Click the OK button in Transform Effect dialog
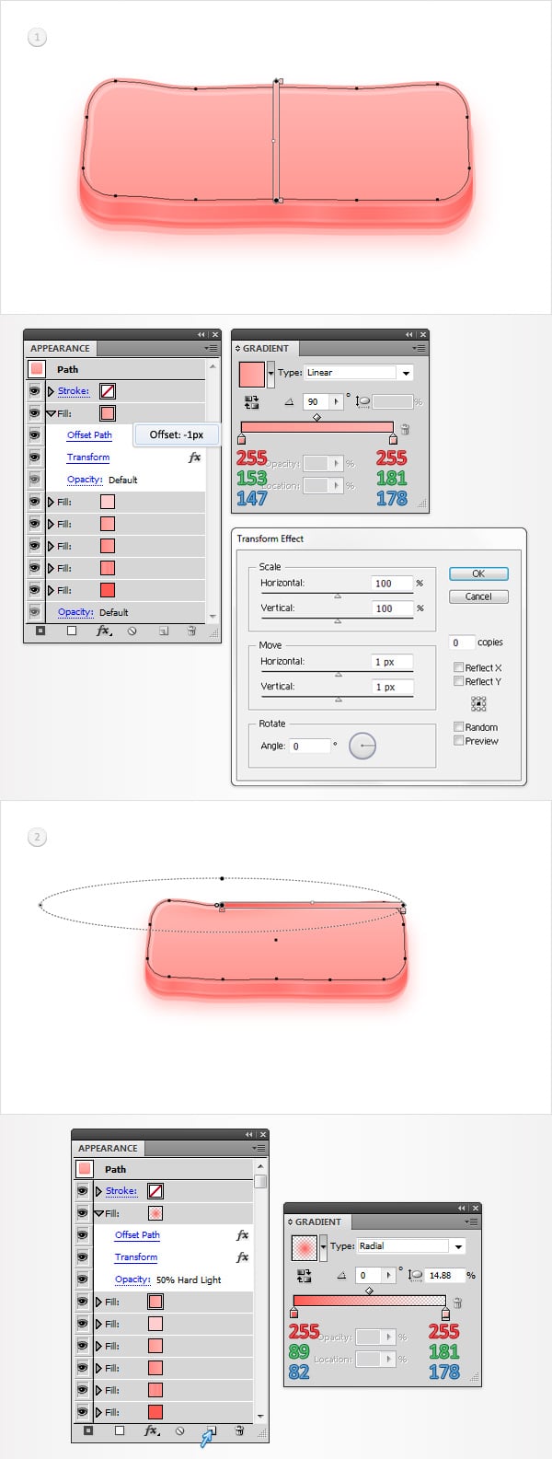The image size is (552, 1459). (x=477, y=573)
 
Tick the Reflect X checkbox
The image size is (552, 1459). (x=458, y=667)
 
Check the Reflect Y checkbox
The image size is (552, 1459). (x=458, y=681)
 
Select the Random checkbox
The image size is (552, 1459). (x=458, y=726)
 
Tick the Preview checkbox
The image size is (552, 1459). (x=458, y=740)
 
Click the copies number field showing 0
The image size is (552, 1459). (x=461, y=643)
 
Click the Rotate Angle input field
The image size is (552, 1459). (x=309, y=746)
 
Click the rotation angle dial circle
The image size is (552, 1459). (x=362, y=746)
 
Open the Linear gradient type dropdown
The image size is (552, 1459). (x=406, y=373)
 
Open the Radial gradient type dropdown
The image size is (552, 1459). (x=458, y=1246)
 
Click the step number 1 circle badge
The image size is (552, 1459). (x=37, y=37)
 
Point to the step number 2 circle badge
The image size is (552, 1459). (x=37, y=837)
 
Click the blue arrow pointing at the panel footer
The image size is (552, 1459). (x=207, y=1439)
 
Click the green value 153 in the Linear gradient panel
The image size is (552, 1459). (x=251, y=478)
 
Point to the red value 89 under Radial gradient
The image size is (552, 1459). (x=299, y=1351)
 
